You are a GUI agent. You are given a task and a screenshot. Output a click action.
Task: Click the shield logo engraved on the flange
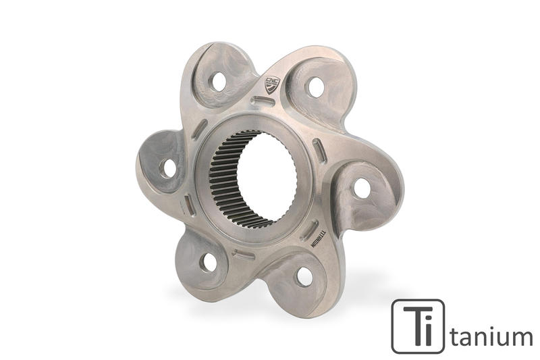[271, 84]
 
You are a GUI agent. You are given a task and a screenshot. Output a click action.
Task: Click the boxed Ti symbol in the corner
[418, 326]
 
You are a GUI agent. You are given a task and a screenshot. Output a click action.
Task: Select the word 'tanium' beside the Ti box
[491, 335]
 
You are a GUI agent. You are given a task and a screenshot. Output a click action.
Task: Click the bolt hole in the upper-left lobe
[218, 82]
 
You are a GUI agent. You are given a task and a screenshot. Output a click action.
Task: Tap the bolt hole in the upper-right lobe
[315, 86]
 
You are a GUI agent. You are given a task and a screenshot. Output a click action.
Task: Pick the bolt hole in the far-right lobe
[362, 188]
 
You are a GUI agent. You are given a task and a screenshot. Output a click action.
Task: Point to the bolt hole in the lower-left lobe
[209, 262]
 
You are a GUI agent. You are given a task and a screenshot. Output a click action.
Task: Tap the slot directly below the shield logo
[262, 102]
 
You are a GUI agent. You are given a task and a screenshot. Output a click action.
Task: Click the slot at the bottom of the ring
[244, 255]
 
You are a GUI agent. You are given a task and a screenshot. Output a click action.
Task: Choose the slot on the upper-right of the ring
[317, 152]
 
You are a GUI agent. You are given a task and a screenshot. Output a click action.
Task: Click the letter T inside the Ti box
[409, 326]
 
